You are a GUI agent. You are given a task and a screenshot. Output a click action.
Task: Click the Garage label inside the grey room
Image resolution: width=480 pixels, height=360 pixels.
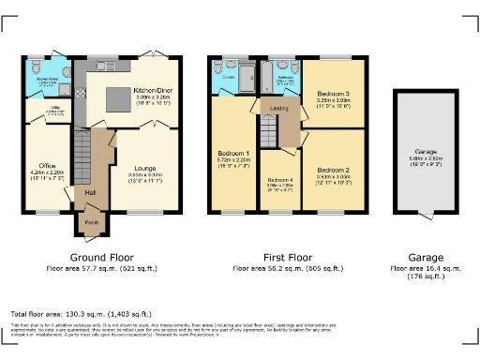click(427, 151)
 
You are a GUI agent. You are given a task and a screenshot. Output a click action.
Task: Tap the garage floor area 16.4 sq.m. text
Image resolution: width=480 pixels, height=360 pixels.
click(427, 268)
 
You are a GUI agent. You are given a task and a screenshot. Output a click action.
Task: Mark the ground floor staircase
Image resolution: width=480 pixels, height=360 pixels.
click(86, 150)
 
